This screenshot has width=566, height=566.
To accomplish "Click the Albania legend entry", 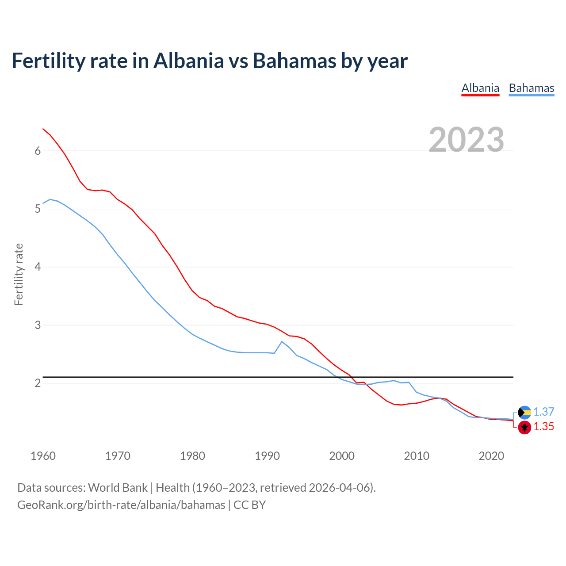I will pos(480,88).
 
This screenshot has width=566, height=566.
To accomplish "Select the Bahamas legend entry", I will pos(531,88).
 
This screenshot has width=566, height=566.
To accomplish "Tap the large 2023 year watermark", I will pos(466,140).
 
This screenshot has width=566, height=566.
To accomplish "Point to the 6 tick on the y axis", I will pos(38,151).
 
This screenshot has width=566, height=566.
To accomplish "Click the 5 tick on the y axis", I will pos(38,209).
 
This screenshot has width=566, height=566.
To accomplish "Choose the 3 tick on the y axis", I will pos(38,325).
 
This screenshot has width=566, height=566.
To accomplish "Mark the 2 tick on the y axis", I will pos(38,383).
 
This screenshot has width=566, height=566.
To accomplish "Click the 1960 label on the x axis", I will pos(43,456).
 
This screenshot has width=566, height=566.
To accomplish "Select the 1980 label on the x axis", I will pos(192,456).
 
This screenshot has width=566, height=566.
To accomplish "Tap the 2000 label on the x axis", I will pos(342,456).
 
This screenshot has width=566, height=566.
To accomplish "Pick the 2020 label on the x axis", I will pos(491,456).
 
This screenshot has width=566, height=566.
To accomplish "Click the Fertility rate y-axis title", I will pos(19,274).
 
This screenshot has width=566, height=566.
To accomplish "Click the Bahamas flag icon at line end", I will pos(524,412).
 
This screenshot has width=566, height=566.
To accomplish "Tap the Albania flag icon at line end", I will pos(524,427).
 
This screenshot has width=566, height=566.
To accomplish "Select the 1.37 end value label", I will pos(543,412).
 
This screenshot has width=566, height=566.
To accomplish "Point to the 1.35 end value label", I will pos(543,427).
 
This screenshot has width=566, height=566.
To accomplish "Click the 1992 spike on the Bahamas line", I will pos(282,341).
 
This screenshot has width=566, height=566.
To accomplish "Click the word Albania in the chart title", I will pos(189,61).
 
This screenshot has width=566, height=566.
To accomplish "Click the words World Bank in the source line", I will pos(118,488).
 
